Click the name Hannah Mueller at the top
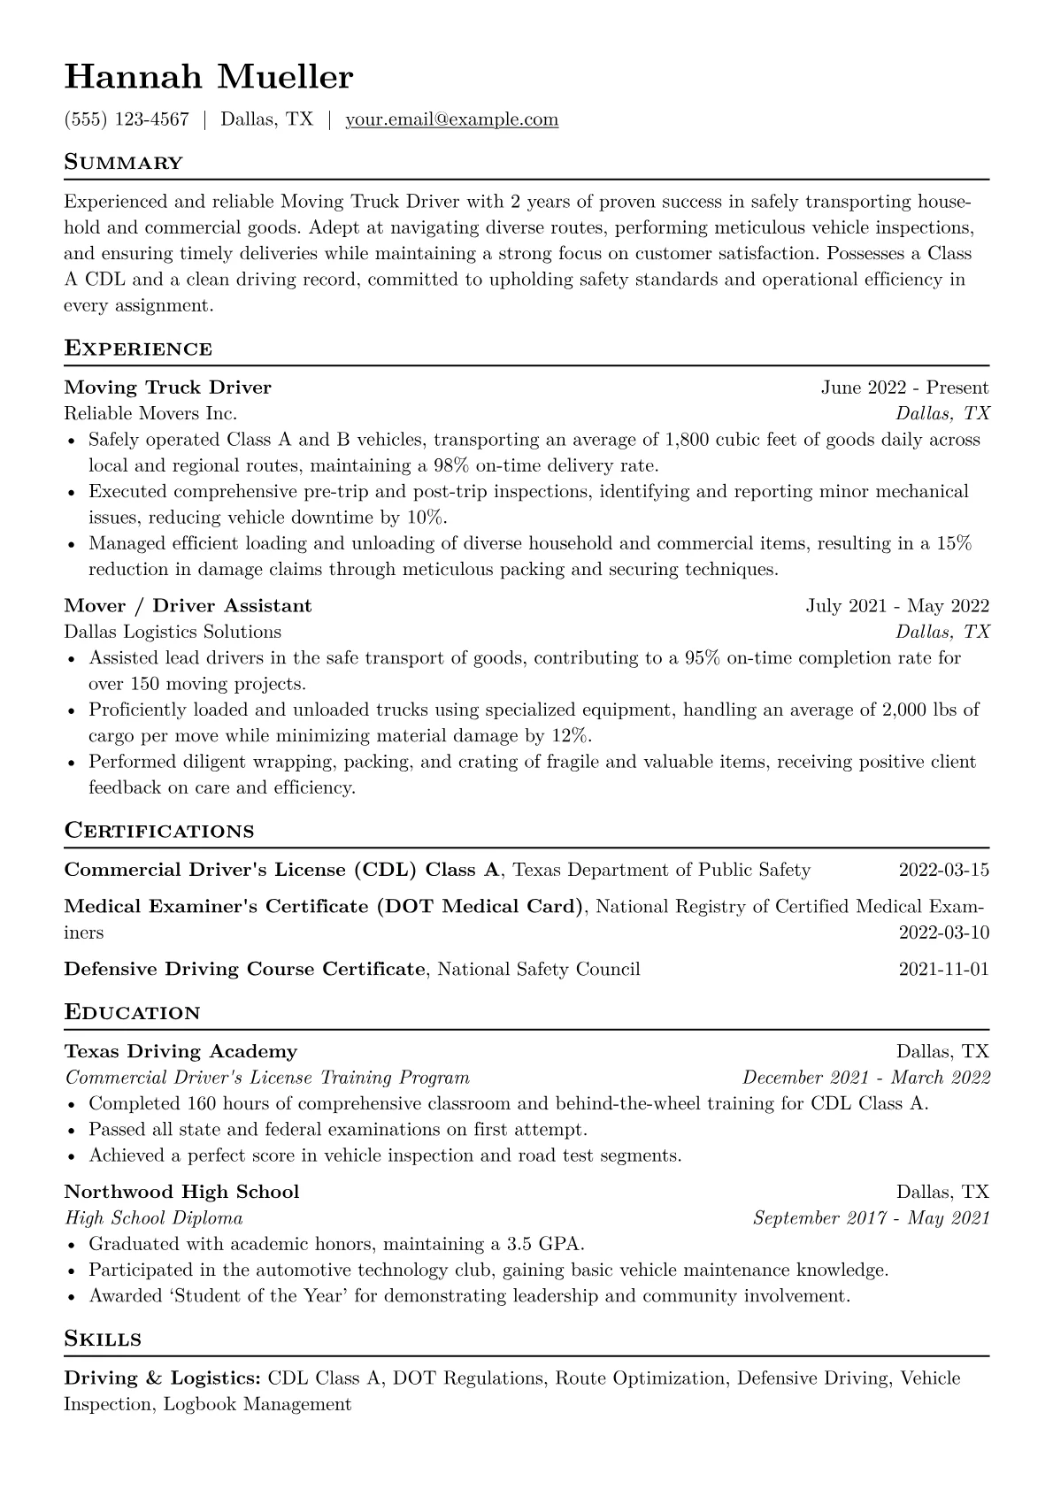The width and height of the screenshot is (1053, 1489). coord(208,78)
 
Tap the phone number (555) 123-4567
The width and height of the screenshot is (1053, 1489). coord(127,119)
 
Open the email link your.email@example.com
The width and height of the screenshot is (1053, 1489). coord(451,119)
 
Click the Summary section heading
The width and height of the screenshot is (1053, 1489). coord(123,163)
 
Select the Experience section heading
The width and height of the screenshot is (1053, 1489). coord(138,349)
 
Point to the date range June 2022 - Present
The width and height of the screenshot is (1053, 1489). coord(904,388)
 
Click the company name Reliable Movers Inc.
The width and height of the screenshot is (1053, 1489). coord(150,413)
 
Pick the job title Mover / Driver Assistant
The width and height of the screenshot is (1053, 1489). coord(188,606)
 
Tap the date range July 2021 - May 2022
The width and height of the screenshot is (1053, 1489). coord(897,606)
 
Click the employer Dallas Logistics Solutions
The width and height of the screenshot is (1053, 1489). coord(173,632)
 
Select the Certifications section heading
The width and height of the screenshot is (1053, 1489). coord(159,831)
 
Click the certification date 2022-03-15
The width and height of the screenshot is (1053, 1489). coord(943,870)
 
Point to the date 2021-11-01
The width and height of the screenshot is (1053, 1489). coord(943,969)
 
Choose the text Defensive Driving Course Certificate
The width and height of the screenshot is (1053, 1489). coord(244,969)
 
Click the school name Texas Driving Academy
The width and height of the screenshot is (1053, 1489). coord(181,1052)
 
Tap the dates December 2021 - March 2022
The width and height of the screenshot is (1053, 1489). coord(865,1078)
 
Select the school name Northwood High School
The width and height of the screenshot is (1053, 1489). coord(181,1192)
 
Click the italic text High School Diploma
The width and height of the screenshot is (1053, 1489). coord(154,1218)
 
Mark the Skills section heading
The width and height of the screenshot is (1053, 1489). coord(103,1339)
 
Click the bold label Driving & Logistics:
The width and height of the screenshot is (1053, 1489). coord(162,1378)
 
